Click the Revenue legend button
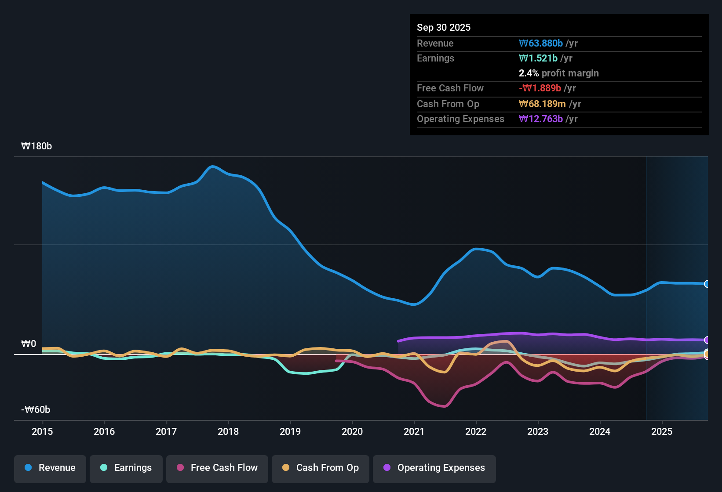coord(50,468)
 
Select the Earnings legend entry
coord(126,468)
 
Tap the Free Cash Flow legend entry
coord(217,468)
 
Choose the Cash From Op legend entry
coord(321,468)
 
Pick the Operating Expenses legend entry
coord(434,468)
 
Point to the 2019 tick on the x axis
coord(290,431)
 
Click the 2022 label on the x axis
coord(476,431)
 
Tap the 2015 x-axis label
coord(42,431)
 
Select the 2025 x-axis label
coord(662,431)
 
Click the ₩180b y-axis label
coord(36,146)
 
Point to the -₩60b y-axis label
coord(36,410)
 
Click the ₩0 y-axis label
coord(29,344)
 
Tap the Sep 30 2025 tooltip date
coord(444,27)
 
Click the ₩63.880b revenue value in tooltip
coord(541,43)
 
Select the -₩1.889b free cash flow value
coord(540,88)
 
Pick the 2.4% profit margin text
coord(558,73)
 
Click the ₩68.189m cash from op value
coord(542,104)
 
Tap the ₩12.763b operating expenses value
coord(541,119)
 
